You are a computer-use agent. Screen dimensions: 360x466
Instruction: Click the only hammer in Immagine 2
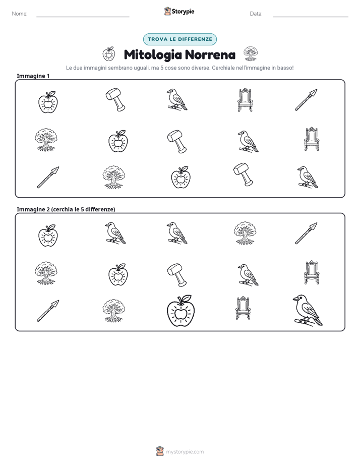[x=177, y=274]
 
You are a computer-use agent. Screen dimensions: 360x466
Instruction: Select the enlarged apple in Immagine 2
[x=181, y=311]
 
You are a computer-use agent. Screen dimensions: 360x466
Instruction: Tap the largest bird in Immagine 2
[x=308, y=310]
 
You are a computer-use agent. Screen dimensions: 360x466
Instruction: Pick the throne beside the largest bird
[x=243, y=308]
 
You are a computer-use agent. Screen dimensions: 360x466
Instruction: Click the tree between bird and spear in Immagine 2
[x=245, y=232]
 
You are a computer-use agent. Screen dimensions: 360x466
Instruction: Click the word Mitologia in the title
[x=153, y=54]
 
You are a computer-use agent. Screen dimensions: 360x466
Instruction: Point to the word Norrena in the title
[x=210, y=54]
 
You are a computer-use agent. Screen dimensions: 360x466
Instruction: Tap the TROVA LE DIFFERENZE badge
[x=179, y=39]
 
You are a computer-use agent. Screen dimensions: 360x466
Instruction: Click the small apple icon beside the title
[x=109, y=53]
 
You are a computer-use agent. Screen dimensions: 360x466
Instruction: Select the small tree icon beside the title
[x=251, y=53]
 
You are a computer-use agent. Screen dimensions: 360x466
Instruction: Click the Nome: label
[x=20, y=14]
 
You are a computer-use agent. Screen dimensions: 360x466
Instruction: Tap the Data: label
[x=256, y=14]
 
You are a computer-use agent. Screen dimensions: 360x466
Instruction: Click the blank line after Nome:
[x=83, y=17]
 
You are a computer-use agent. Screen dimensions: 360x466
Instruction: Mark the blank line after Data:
[x=311, y=17]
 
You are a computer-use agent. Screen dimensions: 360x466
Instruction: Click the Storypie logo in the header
[x=179, y=11]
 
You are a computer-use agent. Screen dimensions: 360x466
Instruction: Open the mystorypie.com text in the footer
[x=185, y=452]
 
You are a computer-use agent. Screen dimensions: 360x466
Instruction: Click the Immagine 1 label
[x=33, y=76]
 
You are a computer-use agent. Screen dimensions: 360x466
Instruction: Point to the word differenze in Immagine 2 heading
[x=99, y=209]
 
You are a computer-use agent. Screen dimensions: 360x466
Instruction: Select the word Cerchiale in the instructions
[x=223, y=68]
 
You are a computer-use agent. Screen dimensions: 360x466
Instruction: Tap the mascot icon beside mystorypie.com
[x=160, y=451]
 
